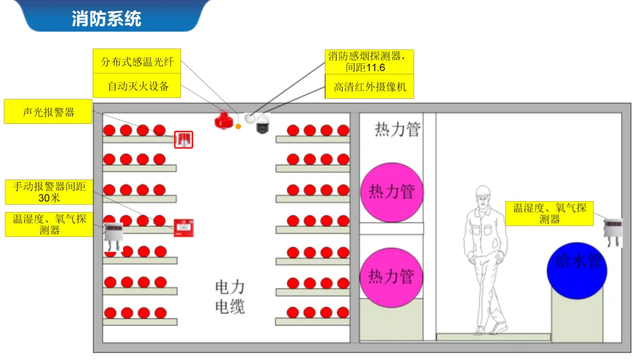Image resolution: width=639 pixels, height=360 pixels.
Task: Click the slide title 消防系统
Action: click(x=106, y=18)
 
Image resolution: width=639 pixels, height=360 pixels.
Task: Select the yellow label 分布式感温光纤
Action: click(x=137, y=62)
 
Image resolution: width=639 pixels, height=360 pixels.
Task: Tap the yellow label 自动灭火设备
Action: click(x=137, y=86)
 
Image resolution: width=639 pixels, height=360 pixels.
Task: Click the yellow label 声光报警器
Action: click(x=48, y=112)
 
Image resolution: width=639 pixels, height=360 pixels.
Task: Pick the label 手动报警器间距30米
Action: click(x=49, y=191)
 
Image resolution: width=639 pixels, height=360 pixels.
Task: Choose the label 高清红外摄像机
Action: click(x=369, y=87)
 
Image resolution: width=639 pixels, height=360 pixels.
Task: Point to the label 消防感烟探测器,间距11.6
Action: click(x=369, y=61)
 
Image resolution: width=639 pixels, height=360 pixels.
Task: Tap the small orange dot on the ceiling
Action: click(x=238, y=126)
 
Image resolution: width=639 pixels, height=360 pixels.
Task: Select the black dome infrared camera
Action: click(x=262, y=125)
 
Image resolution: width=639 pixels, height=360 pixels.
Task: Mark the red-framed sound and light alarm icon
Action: click(x=183, y=140)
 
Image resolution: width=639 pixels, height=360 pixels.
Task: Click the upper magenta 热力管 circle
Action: click(x=392, y=192)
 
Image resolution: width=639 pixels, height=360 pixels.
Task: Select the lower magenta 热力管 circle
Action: click(x=392, y=277)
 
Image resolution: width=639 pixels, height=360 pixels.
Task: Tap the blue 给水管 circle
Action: click(x=577, y=269)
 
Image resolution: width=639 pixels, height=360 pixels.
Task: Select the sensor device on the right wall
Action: click(x=612, y=231)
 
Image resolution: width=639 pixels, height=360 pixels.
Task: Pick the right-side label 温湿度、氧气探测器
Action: click(x=549, y=213)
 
